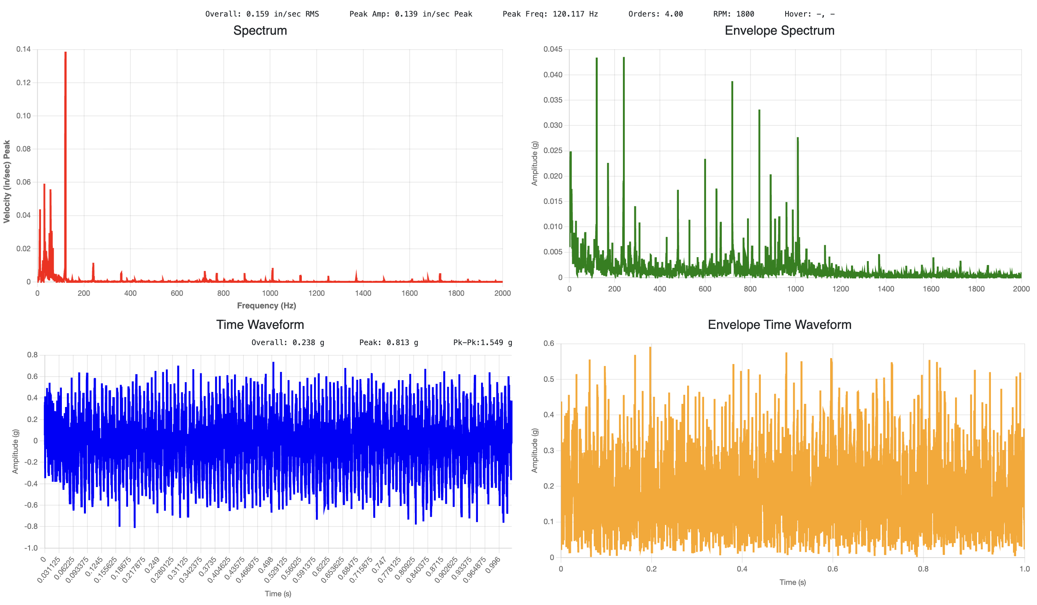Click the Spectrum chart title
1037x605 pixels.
(260, 30)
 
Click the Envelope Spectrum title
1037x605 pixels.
(779, 30)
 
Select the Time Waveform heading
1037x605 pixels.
(260, 325)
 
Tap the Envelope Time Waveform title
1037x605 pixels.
(779, 325)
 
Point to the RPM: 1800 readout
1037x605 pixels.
(733, 14)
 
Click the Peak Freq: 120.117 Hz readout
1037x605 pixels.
(550, 14)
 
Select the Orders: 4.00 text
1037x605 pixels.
(655, 14)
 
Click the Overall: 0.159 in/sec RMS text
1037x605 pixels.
(262, 14)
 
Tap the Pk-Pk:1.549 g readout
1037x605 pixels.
(482, 342)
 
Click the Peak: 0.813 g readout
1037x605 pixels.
(388, 342)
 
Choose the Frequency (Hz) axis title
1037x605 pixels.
(266, 306)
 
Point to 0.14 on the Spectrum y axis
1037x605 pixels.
(24, 49)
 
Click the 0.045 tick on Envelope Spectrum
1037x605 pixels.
(553, 49)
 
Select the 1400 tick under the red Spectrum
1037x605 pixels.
(362, 293)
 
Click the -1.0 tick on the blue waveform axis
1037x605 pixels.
(31, 548)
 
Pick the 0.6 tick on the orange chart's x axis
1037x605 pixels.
(832, 569)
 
